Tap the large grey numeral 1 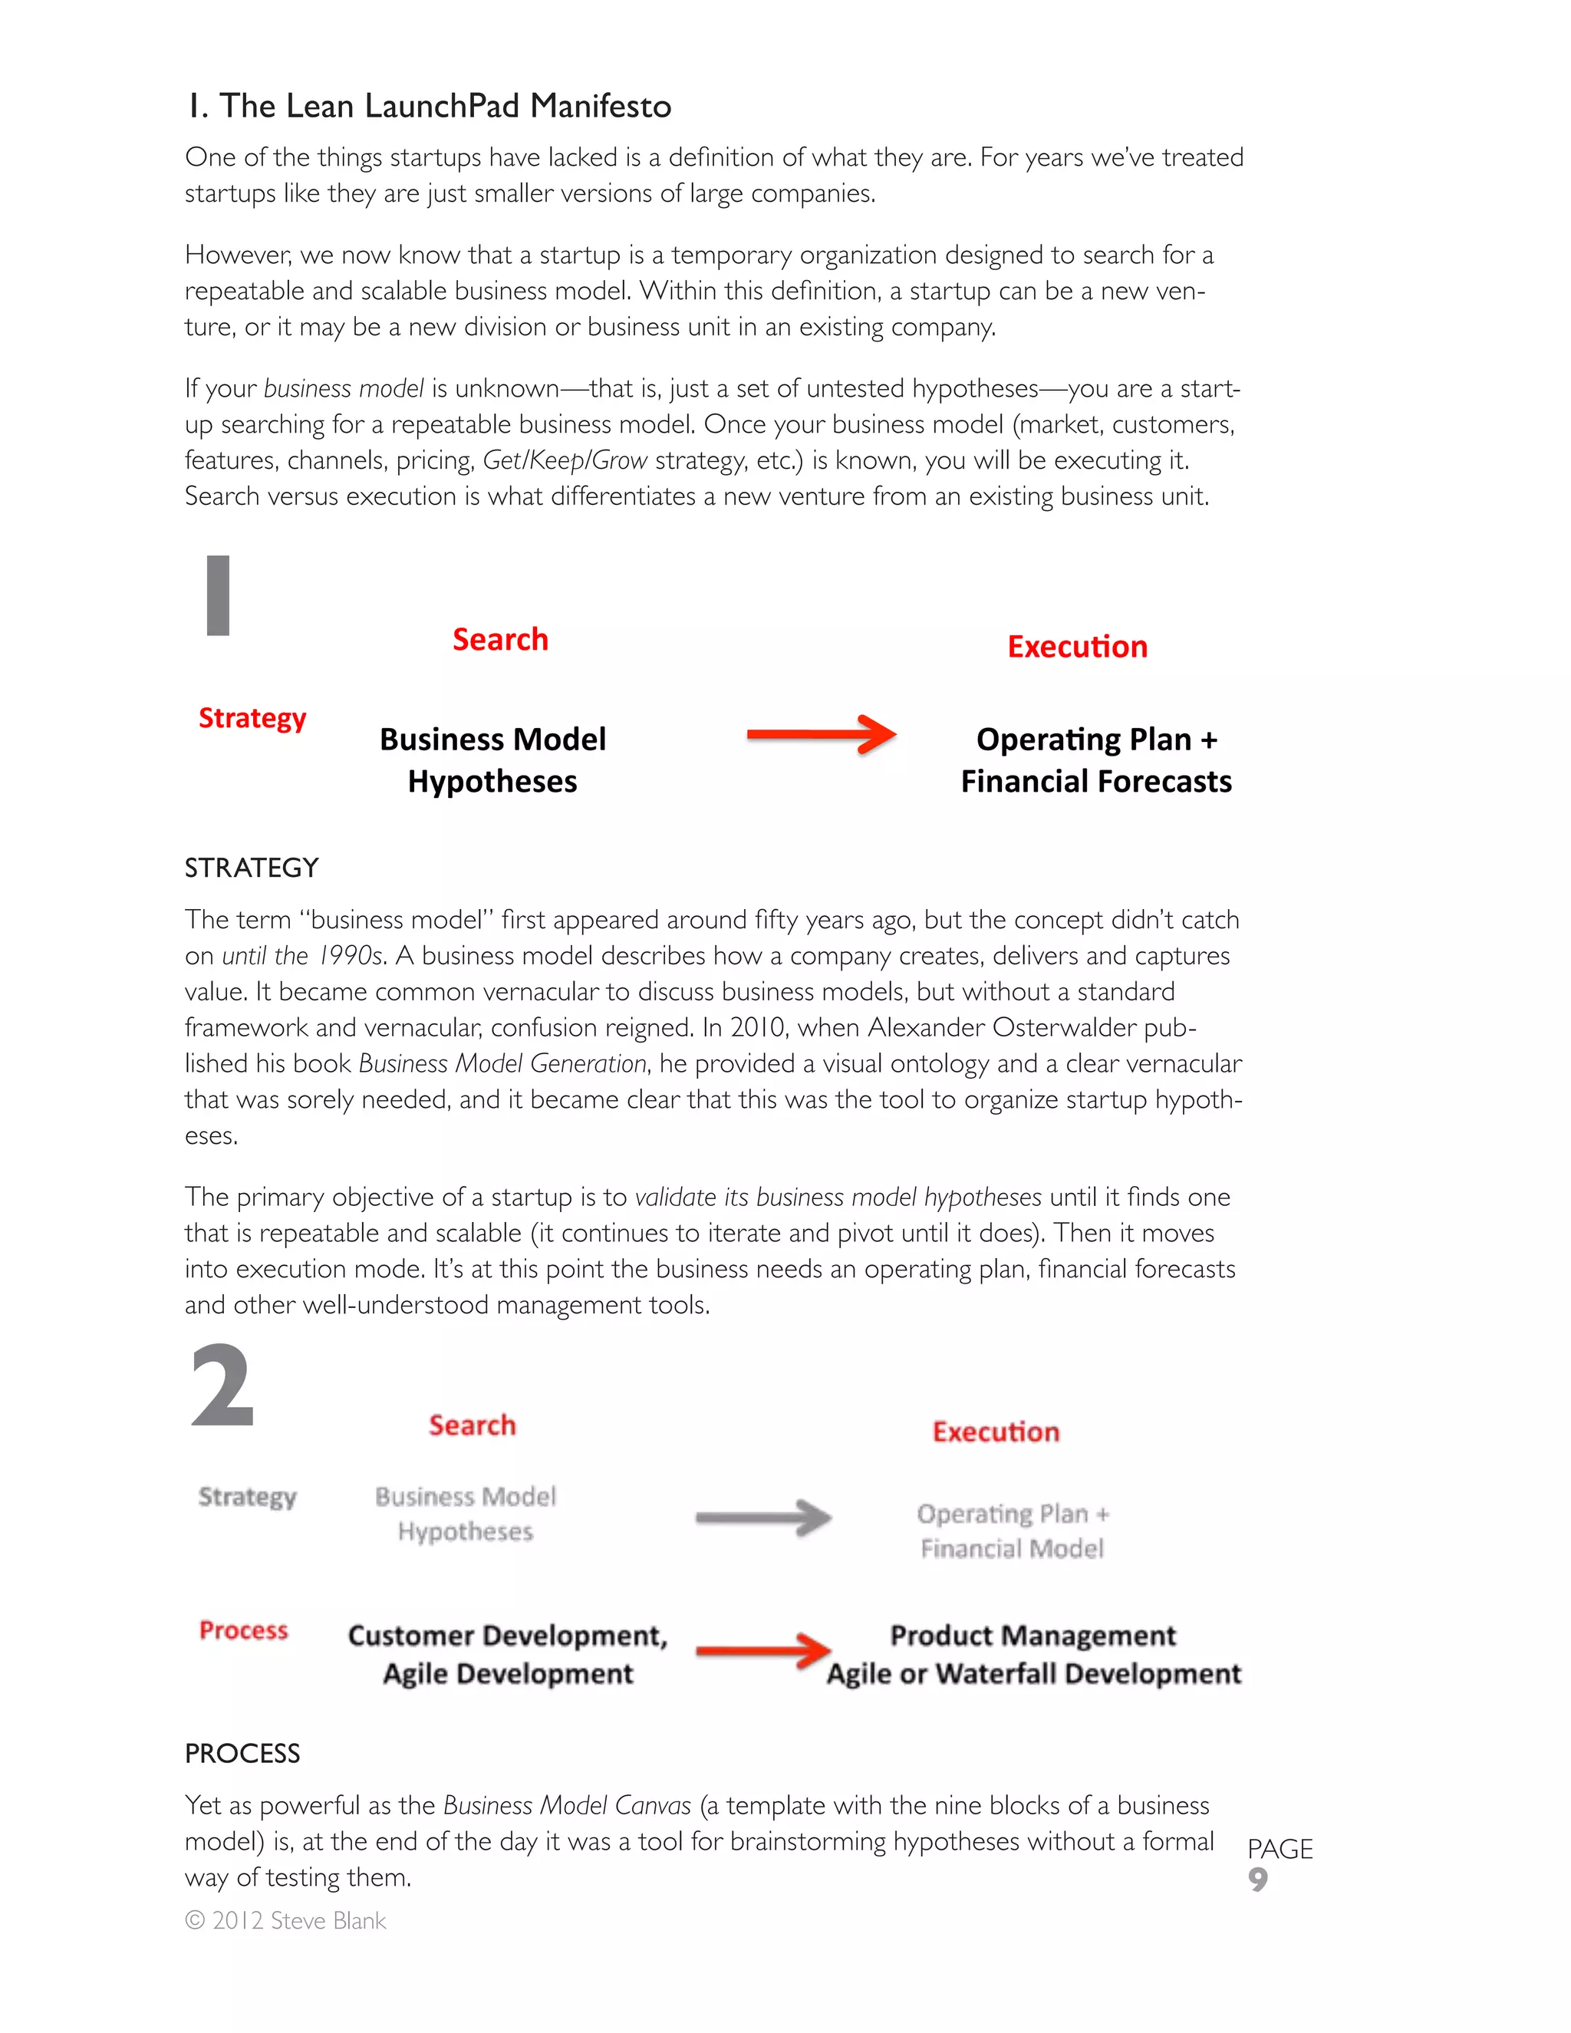[218, 596]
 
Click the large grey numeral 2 [222, 1387]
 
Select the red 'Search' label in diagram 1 [500, 640]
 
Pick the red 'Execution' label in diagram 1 [1077, 647]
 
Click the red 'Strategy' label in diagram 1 [252, 718]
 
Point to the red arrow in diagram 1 [821, 736]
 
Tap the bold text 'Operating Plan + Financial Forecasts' [1095, 759]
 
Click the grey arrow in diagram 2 [763, 1518]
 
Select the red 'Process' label [244, 1631]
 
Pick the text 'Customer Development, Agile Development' [508, 1654]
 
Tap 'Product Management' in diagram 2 [1033, 1636]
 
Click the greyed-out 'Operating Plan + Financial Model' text [1013, 1531]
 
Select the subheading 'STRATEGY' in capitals [252, 868]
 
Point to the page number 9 [1257, 1880]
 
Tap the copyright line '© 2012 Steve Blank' [285, 1920]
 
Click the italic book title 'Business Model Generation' [502, 1063]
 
